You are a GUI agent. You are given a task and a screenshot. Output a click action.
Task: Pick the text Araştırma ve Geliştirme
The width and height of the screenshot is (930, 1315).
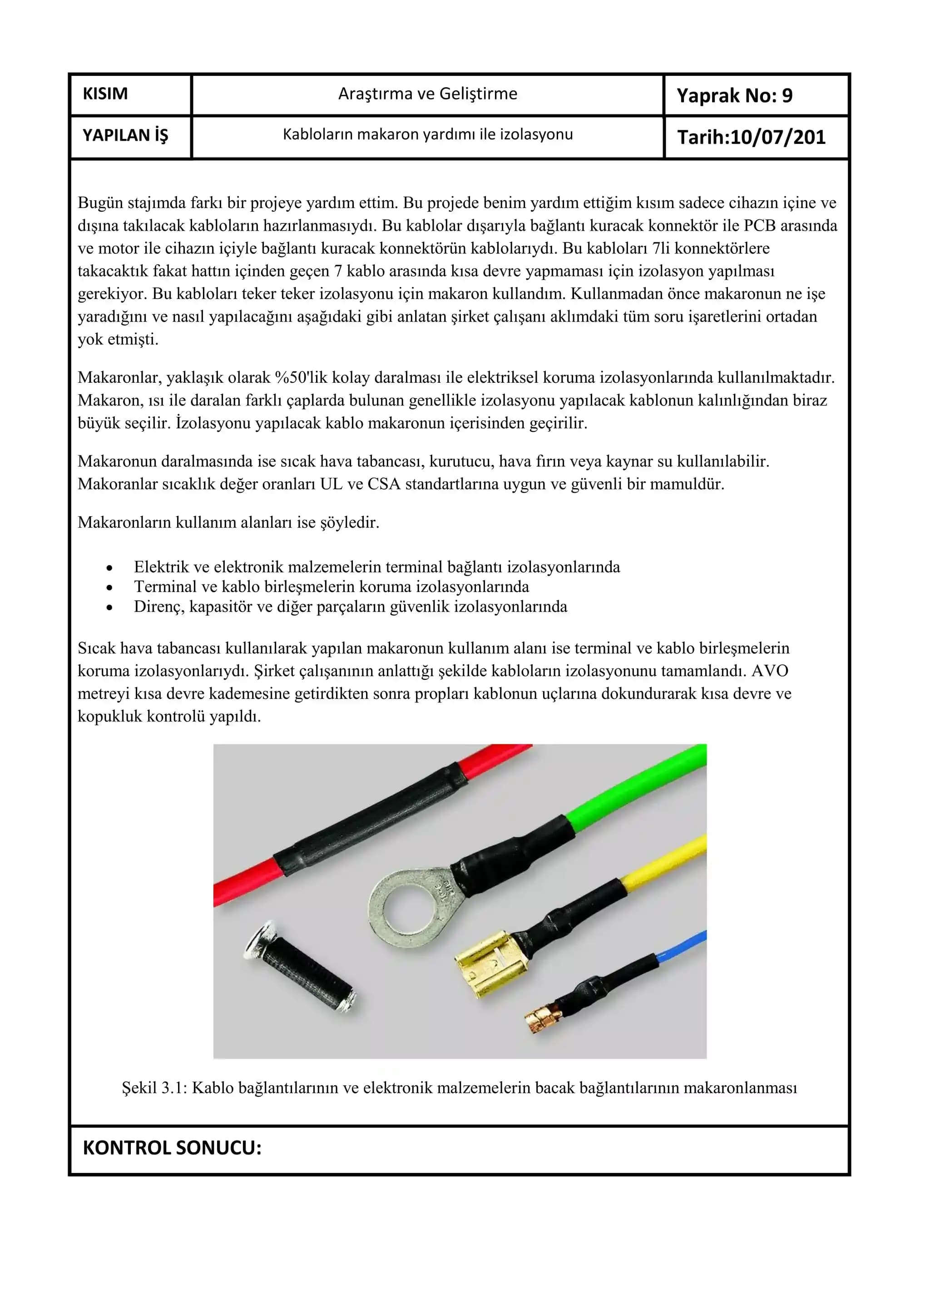tap(427, 94)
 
